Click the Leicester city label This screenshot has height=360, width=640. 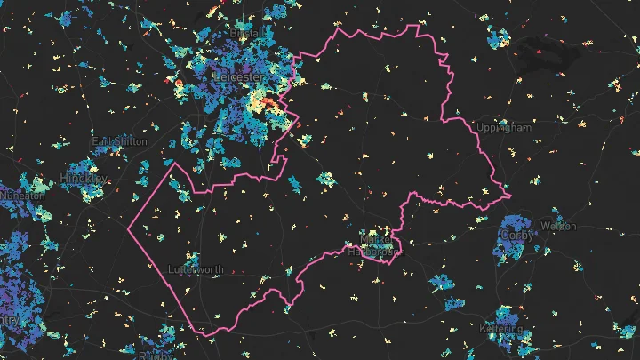[237, 77]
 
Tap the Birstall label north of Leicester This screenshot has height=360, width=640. [244, 33]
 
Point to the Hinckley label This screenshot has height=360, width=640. [84, 179]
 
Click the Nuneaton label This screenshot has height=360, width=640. [21, 195]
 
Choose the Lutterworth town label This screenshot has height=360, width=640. [196, 269]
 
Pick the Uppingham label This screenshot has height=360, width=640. [503, 128]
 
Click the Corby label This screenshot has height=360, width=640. [516, 236]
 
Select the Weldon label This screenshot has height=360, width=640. [558, 227]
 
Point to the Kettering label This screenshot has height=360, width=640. [501, 329]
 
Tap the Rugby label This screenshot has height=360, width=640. [156, 355]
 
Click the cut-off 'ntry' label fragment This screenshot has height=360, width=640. [9, 318]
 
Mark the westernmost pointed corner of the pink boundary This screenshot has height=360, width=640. [129, 229]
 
